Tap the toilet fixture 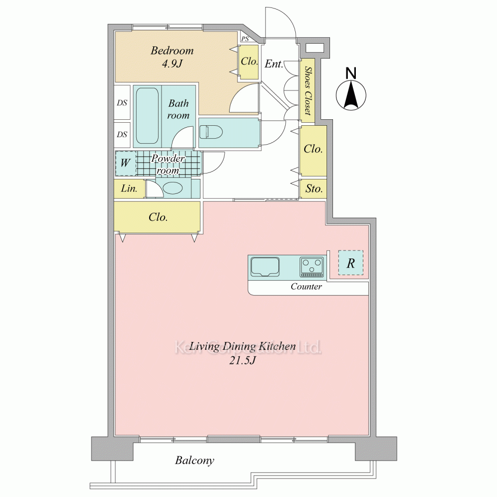pos(211,132)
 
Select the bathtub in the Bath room pos(148,116)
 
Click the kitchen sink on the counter pos(265,267)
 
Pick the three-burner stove pos(312,267)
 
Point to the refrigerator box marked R pos(350,263)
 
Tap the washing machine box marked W pos(125,163)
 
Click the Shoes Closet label pos(308,90)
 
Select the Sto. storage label pos(314,189)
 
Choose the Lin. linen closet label pos(129,188)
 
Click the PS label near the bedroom pos(245,39)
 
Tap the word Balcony pos(195,460)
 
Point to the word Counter pos(306,287)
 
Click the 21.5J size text pos(242,360)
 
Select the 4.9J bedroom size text pos(172,64)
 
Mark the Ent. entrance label pos(274,64)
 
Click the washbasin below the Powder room pos(173,188)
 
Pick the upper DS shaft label pos(122,103)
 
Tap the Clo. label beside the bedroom pos(249,61)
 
